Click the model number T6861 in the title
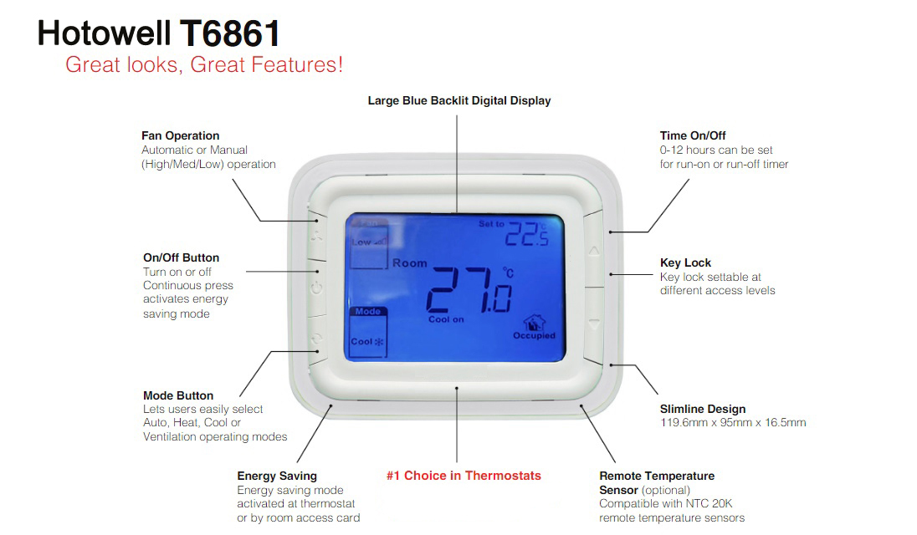[230, 33]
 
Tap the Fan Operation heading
[181, 135]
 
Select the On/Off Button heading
[181, 257]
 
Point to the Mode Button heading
[178, 395]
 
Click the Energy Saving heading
[277, 476]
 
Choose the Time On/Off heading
[693, 135]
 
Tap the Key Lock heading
[685, 262]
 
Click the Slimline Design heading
[703, 409]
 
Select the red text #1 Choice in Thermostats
[464, 476]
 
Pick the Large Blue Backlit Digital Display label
[459, 100]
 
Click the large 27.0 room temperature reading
[469, 291]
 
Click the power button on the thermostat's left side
[316, 289]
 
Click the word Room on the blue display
[410, 262]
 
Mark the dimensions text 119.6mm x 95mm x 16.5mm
[733, 423]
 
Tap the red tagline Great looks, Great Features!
[204, 64]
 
